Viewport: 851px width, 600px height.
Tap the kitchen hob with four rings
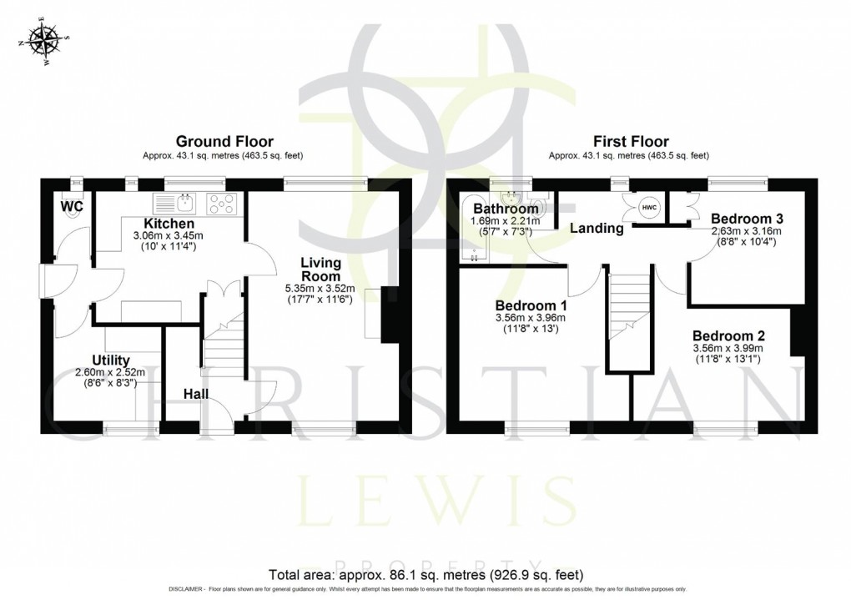pos(223,203)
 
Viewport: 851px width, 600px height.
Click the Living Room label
pos(320,270)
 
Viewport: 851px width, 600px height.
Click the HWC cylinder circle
pos(649,207)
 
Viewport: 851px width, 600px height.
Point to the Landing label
pos(597,228)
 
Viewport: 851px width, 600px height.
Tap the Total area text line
pos(425,575)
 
